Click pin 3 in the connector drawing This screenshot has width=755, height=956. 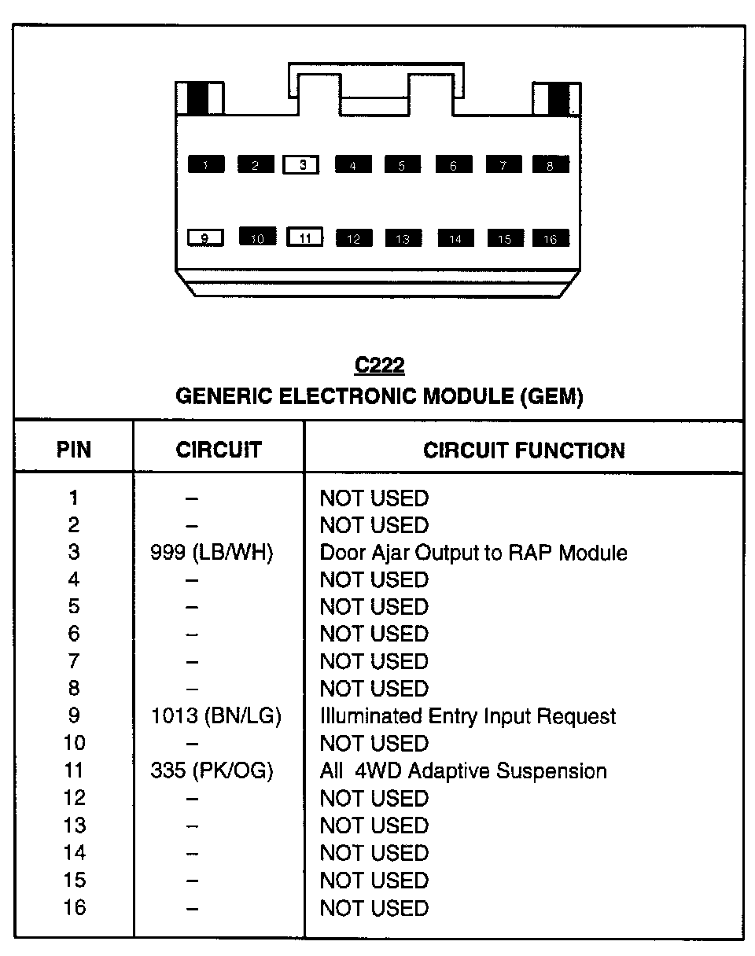pyautogui.click(x=301, y=165)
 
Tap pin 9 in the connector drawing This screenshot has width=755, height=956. pyautogui.click(x=206, y=237)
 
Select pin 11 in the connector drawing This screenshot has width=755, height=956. pyautogui.click(x=306, y=237)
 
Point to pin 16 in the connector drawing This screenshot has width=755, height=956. pyautogui.click(x=551, y=238)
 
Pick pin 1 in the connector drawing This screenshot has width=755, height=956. pyautogui.click(x=206, y=165)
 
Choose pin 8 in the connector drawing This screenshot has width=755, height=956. pyautogui.click(x=551, y=165)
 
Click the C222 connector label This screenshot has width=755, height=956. pyautogui.click(x=379, y=366)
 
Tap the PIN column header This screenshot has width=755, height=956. pyautogui.click(x=74, y=450)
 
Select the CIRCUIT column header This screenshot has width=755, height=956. pyautogui.click(x=219, y=450)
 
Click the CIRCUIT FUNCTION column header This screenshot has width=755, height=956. pyautogui.click(x=524, y=450)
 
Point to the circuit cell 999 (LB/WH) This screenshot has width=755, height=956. pyautogui.click(x=212, y=553)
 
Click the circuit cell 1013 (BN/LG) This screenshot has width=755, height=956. pyautogui.click(x=215, y=716)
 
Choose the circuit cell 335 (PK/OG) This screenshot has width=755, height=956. pyautogui.click(x=212, y=771)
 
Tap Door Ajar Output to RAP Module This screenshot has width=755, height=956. pyautogui.click(x=473, y=553)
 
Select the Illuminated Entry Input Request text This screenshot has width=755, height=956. pyautogui.click(x=468, y=716)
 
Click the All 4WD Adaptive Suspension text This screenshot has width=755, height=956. pyautogui.click(x=463, y=771)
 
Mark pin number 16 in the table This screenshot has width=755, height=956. pyautogui.click(x=74, y=908)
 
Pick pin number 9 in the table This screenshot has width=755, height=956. pyautogui.click(x=74, y=716)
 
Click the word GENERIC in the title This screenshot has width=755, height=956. pyautogui.click(x=223, y=397)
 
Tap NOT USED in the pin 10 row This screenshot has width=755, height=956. pyautogui.click(x=374, y=744)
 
